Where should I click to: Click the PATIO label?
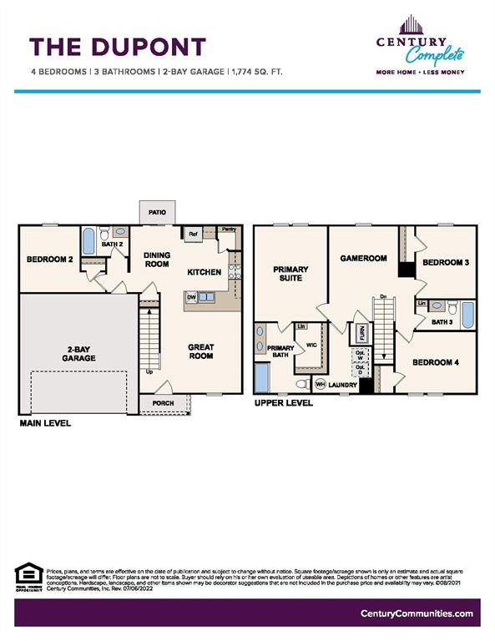click(x=157, y=213)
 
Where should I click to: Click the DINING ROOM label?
click(x=157, y=260)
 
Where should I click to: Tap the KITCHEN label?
click(x=204, y=272)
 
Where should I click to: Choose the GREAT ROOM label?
click(x=201, y=351)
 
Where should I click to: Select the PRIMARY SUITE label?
click(x=290, y=275)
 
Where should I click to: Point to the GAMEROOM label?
click(x=363, y=259)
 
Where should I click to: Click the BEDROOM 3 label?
click(x=445, y=263)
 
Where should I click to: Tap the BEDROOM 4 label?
click(x=436, y=362)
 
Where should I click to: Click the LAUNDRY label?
click(x=342, y=385)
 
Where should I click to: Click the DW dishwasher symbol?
click(x=191, y=296)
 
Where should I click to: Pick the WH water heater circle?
click(x=321, y=385)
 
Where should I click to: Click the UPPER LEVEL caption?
click(x=283, y=402)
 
